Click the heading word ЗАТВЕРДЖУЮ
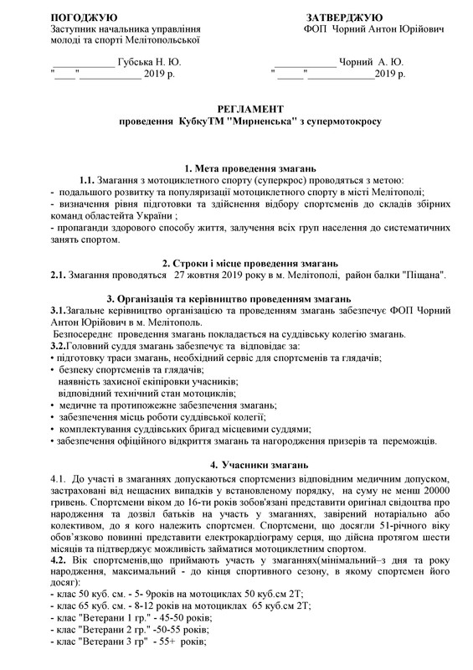(344, 17)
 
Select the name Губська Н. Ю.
(148, 62)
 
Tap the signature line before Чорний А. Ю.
(304, 64)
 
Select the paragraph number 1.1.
(86, 181)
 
